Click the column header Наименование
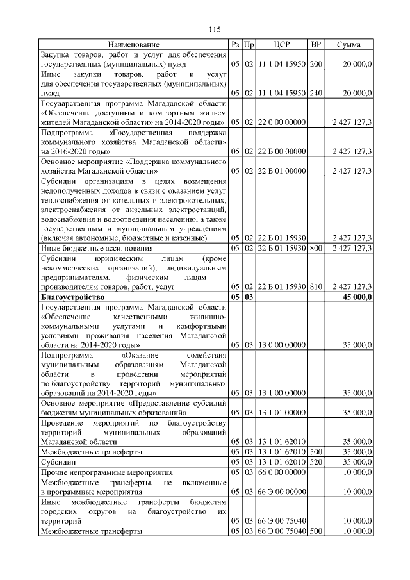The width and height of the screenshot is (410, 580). (x=133, y=44)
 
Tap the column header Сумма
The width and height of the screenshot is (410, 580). (x=350, y=44)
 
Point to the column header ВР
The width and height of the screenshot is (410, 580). (x=316, y=44)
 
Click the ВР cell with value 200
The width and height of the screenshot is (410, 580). (x=316, y=64)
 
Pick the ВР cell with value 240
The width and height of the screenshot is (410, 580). (x=316, y=93)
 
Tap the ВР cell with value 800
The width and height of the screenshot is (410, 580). (x=316, y=248)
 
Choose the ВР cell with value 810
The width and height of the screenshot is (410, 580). (x=316, y=287)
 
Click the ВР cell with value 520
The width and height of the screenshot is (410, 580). (x=316, y=461)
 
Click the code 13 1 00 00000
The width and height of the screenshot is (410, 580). (x=282, y=393)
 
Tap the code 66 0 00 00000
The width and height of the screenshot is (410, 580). (x=282, y=472)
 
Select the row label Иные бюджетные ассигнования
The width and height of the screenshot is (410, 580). (x=97, y=248)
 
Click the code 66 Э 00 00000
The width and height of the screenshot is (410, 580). (x=282, y=491)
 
